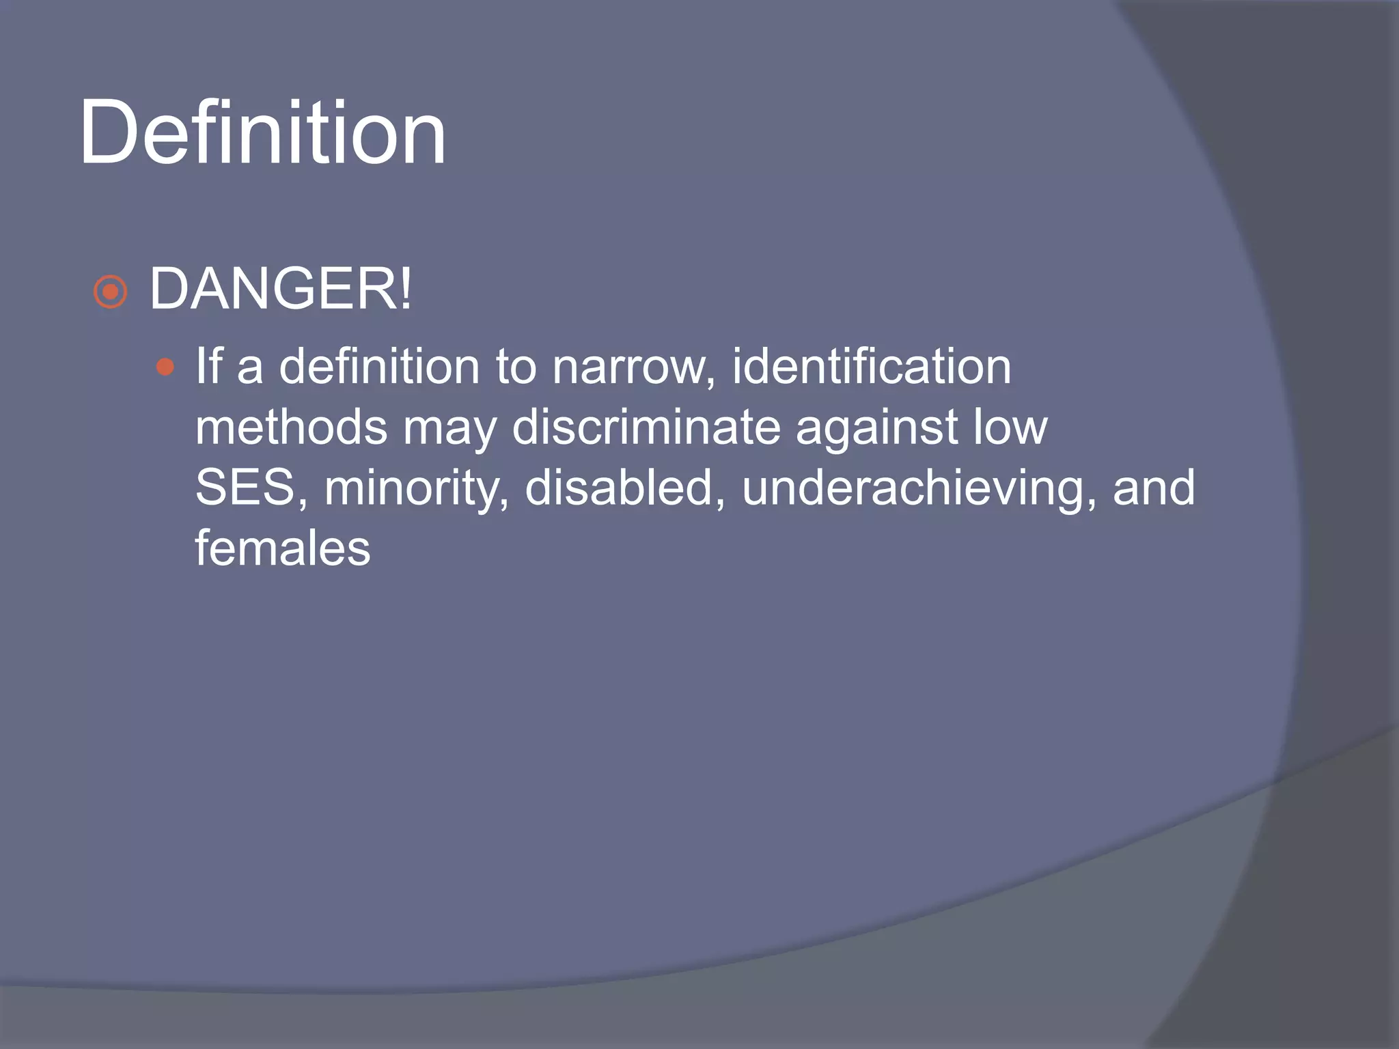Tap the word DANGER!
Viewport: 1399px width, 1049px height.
[x=281, y=290]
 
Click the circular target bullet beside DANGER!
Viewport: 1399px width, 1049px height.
[x=111, y=292]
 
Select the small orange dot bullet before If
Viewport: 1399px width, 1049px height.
[x=165, y=367]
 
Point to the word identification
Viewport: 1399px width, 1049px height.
[x=871, y=367]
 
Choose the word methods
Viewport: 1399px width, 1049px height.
[x=291, y=428]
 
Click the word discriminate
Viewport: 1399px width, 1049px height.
[x=646, y=428]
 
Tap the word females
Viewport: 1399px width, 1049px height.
[x=282, y=548]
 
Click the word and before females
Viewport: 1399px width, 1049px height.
[x=1154, y=488]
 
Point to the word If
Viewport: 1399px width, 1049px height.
[x=209, y=367]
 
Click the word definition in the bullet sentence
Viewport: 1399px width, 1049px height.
[x=379, y=367]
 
